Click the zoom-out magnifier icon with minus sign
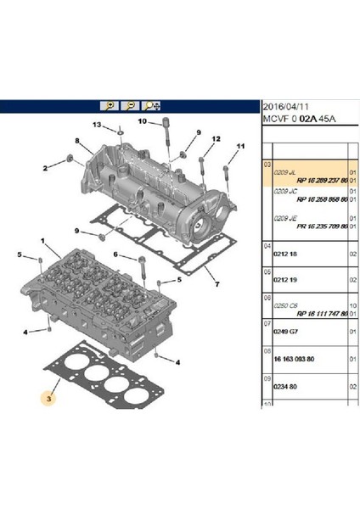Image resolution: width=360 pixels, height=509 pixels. (x=131, y=106)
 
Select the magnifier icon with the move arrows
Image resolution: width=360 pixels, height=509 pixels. (x=153, y=106)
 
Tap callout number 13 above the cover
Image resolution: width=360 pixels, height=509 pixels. (x=98, y=126)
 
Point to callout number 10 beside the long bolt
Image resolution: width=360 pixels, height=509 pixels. (x=143, y=122)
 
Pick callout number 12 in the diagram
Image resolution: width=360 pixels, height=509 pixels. (x=216, y=138)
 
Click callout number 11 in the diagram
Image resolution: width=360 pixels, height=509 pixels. (x=239, y=146)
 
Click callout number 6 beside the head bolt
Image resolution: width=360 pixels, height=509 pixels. (x=115, y=255)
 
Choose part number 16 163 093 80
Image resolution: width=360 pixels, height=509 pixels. (x=293, y=360)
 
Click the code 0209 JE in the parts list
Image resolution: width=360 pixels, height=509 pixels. (x=284, y=218)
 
